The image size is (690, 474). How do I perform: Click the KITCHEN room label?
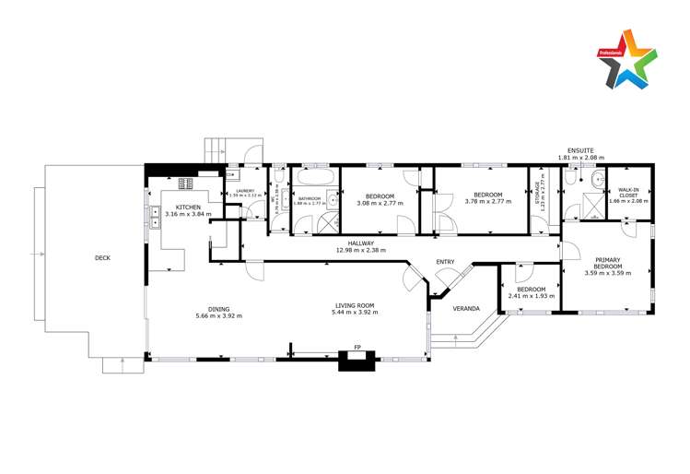(188, 207)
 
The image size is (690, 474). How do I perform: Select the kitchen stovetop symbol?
(186, 183)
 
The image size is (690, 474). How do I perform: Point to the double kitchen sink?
(147, 219)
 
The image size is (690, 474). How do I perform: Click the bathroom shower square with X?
(328, 222)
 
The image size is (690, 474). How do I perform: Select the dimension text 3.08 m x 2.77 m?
(380, 204)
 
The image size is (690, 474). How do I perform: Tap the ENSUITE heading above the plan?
(580, 149)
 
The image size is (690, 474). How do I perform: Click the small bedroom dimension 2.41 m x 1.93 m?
(530, 296)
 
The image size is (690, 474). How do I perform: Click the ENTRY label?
(446, 262)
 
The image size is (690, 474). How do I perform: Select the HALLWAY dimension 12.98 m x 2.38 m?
(360, 250)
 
